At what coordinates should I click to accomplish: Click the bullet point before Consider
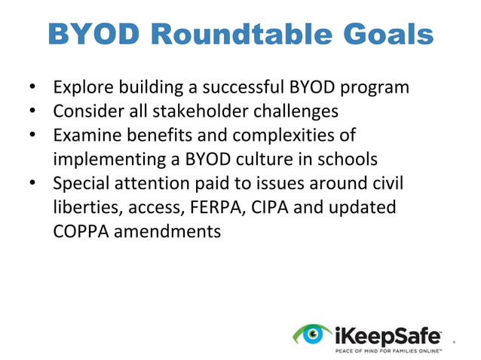click(32, 111)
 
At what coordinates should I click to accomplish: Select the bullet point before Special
click(32, 183)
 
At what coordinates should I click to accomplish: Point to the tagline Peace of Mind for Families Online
click(388, 350)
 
